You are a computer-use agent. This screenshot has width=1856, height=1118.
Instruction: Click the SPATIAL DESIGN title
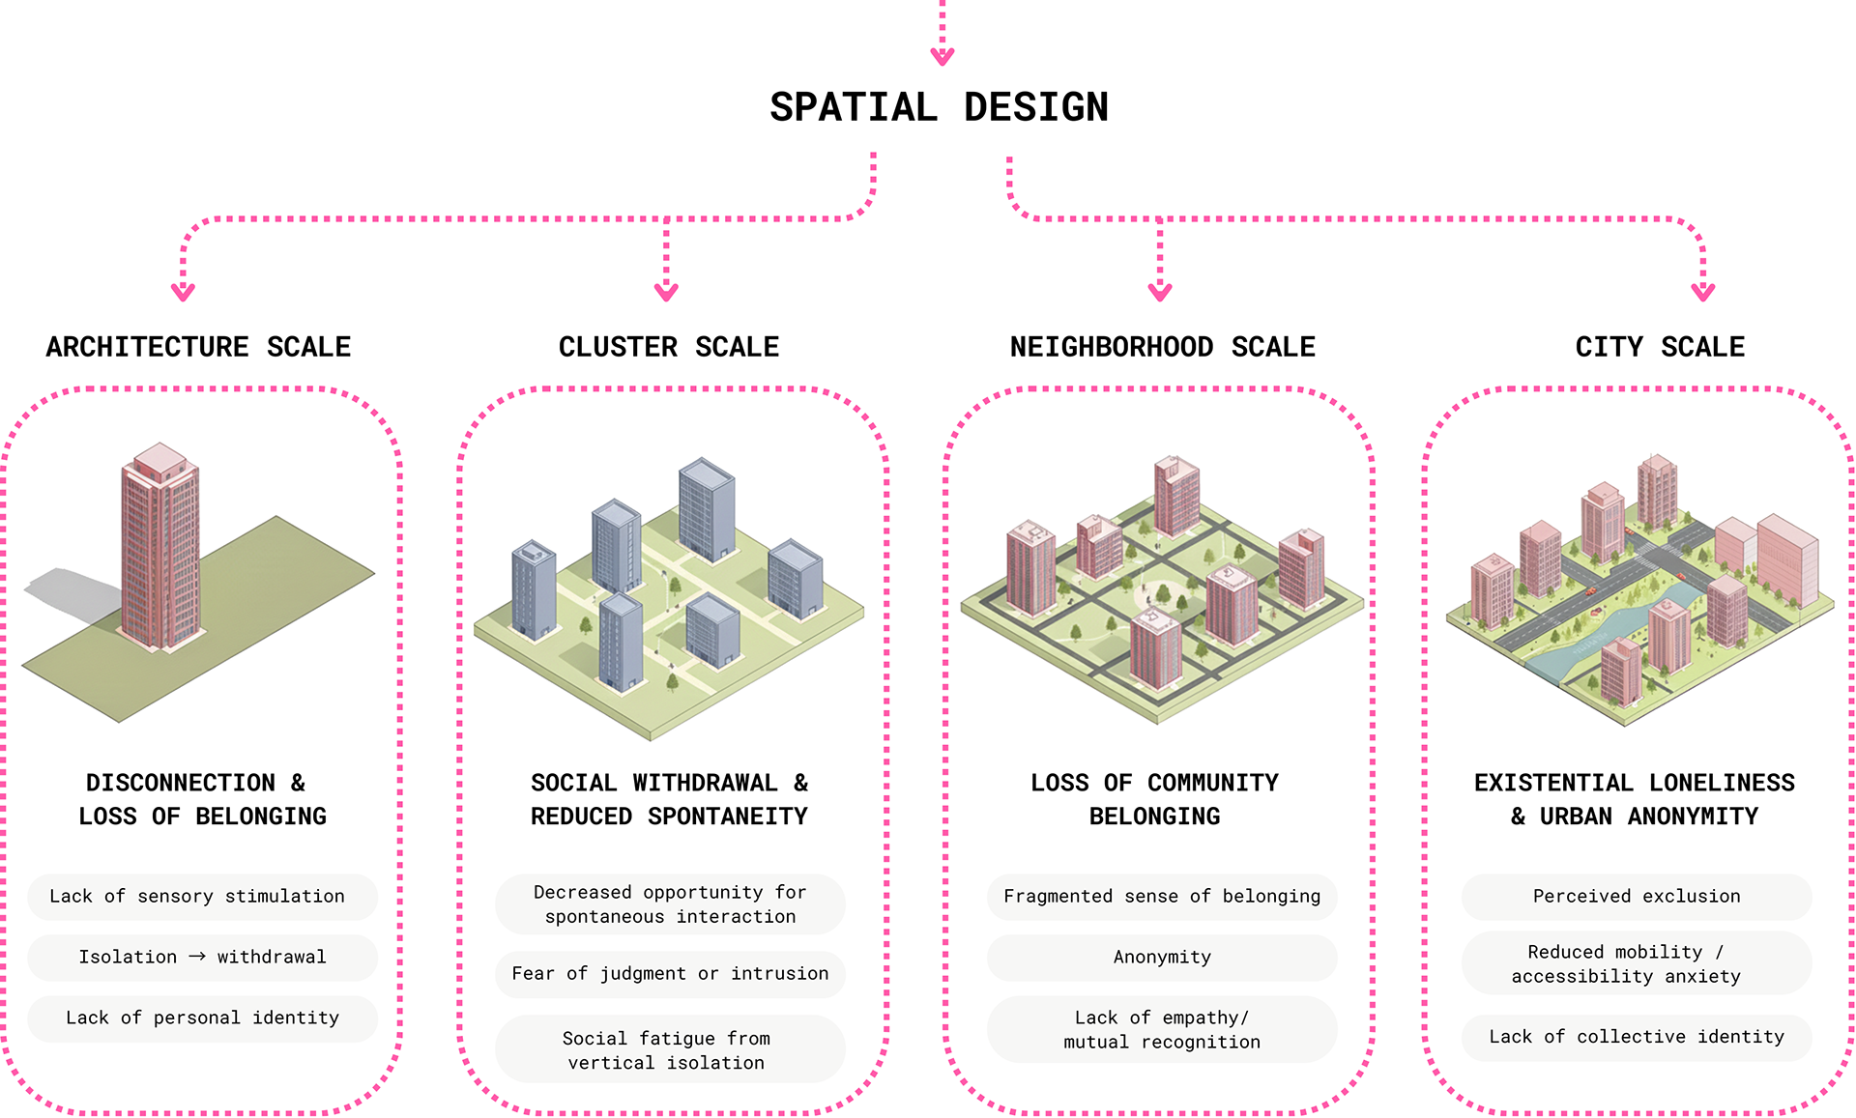[x=939, y=107]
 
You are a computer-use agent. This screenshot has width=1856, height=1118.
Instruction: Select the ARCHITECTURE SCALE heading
[x=198, y=347]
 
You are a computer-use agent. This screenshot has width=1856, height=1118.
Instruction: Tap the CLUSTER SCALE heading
[x=668, y=347]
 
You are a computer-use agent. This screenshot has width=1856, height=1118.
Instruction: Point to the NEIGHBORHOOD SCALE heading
[x=1162, y=347]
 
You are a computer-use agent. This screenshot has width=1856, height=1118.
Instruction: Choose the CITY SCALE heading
[x=1660, y=347]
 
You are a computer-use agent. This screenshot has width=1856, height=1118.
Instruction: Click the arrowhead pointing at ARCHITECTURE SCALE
[x=183, y=291]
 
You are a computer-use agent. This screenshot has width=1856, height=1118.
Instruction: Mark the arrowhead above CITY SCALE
[x=1703, y=291]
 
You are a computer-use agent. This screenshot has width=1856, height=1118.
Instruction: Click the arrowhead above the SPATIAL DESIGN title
[x=942, y=56]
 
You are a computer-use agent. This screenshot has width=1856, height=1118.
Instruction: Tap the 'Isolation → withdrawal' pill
[x=202, y=958]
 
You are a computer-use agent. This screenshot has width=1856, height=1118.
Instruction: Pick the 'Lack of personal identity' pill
[x=202, y=1018]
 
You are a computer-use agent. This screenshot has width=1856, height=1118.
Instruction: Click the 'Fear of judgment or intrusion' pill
[x=670, y=974]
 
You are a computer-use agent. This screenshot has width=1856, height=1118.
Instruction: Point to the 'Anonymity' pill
[x=1162, y=958]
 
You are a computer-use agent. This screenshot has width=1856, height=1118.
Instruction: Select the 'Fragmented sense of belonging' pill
[x=1162, y=897]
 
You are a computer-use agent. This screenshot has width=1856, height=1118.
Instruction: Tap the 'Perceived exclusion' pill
[x=1637, y=897]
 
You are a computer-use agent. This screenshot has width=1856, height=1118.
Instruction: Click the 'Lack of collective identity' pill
[x=1637, y=1037]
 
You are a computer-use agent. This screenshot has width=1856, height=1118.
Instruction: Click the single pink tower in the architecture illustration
[x=160, y=551]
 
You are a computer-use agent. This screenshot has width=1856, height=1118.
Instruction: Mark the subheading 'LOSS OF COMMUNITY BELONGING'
[x=1154, y=799]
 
